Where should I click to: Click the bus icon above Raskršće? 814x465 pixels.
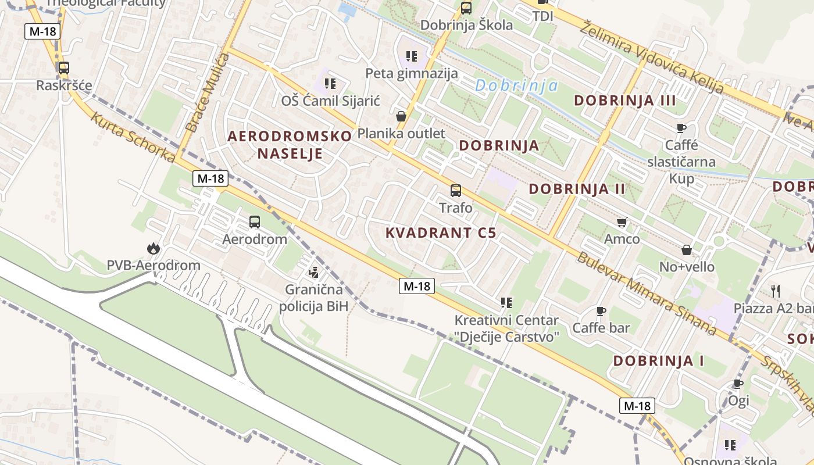64,67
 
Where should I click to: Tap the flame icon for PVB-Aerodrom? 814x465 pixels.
153,249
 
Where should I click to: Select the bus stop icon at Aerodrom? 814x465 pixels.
255,221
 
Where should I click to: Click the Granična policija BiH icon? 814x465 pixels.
314,271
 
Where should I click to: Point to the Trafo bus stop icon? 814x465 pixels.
456,190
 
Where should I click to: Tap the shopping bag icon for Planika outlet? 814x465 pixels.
401,116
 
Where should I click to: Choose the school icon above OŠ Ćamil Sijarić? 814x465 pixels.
330,84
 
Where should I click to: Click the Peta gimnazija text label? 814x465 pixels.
412,73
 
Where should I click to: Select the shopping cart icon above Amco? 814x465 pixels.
622,222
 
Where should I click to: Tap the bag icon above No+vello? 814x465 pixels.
687,250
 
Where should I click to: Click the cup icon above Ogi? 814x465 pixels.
738,384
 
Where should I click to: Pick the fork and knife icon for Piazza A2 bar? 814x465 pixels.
775,290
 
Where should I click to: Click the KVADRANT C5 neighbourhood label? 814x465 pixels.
441,233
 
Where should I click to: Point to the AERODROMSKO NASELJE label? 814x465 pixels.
290,145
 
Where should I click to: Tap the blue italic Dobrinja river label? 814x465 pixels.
516,86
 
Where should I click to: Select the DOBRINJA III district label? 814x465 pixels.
625,101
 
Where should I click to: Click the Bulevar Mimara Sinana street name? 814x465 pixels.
645,293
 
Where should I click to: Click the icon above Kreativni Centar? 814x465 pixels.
506,303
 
